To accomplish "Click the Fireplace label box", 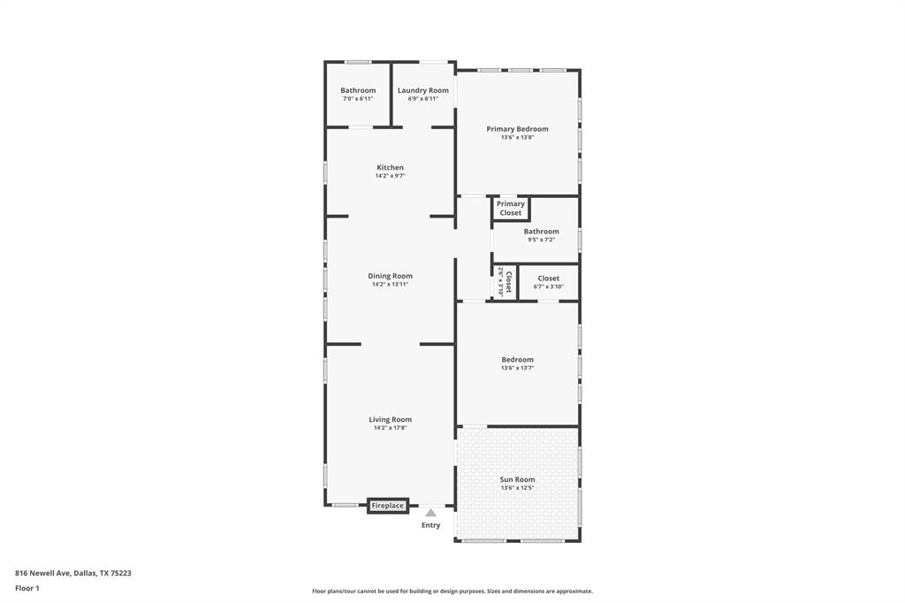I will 388,506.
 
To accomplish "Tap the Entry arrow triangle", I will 430,513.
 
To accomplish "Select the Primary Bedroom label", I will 517,129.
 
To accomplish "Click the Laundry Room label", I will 422,90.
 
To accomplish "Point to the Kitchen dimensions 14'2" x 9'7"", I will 390,176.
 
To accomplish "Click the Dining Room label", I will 390,276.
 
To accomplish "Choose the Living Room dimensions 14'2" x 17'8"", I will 390,428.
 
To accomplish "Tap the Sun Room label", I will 517,479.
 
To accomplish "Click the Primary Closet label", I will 510,208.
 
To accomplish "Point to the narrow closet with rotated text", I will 505,282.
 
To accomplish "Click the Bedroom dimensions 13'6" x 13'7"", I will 517,368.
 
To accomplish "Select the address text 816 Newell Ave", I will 73,573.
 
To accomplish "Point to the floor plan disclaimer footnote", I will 452,592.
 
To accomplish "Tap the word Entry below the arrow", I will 430,525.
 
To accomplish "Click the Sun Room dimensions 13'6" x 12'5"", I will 517,487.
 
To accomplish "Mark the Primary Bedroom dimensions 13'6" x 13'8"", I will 517,137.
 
